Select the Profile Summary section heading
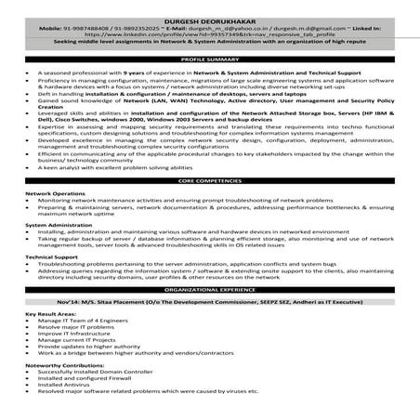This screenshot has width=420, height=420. click(x=210, y=59)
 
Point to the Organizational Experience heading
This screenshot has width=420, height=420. click(x=210, y=289)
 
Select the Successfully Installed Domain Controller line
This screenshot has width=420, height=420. click(x=94, y=378)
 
